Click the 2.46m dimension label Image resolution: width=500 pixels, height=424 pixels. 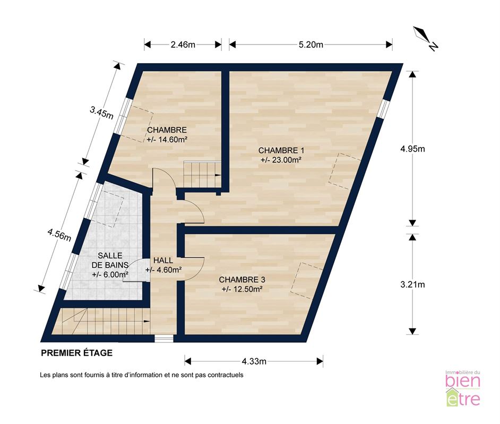click(183, 45)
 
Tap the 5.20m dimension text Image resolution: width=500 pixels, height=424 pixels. click(311, 45)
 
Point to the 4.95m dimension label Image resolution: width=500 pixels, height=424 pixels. click(412, 148)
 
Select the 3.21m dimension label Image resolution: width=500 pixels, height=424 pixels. click(412, 284)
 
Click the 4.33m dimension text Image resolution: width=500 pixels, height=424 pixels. click(254, 361)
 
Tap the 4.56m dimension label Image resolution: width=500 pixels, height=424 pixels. click(59, 235)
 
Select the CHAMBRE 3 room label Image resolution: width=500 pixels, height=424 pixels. click(242, 280)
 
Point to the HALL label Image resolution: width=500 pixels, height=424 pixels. click(163, 260)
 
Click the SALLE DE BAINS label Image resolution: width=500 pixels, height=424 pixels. click(110, 260)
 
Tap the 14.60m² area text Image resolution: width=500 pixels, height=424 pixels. click(167, 139)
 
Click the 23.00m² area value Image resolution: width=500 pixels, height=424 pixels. click(281, 160)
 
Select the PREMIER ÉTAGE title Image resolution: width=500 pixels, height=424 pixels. click(77, 353)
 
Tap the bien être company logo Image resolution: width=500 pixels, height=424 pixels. click(463, 388)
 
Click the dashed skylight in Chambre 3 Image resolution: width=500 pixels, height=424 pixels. click(307, 280)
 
